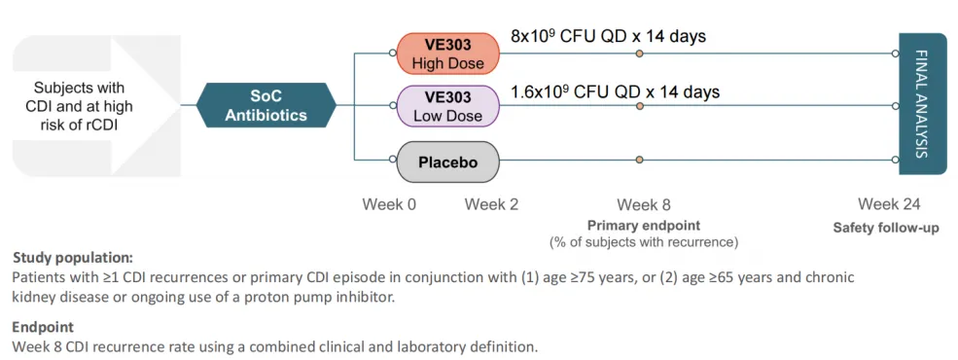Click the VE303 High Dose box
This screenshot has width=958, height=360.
(447, 54)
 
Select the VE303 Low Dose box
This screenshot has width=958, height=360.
(447, 106)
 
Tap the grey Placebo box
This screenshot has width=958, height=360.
(447, 162)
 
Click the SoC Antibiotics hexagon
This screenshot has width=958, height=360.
(266, 105)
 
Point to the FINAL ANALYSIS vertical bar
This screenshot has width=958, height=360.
(922, 104)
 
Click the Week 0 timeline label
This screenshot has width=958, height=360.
(389, 204)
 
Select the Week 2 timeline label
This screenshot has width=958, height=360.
(491, 204)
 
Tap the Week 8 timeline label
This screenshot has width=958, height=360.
(643, 204)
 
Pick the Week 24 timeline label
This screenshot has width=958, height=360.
(888, 204)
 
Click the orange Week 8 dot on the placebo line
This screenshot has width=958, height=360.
(639, 160)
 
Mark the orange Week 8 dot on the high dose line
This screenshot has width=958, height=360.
(639, 54)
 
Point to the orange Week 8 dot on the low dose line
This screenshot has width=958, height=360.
(639, 106)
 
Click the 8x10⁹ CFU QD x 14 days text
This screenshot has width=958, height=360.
(608, 36)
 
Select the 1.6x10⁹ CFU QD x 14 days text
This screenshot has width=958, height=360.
(616, 91)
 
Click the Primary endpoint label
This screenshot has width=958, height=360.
(644, 225)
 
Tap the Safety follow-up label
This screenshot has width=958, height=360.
(887, 228)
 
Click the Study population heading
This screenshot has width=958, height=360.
(73, 257)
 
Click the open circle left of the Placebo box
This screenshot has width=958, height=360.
(393, 160)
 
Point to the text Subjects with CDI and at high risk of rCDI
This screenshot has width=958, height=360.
(79, 106)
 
